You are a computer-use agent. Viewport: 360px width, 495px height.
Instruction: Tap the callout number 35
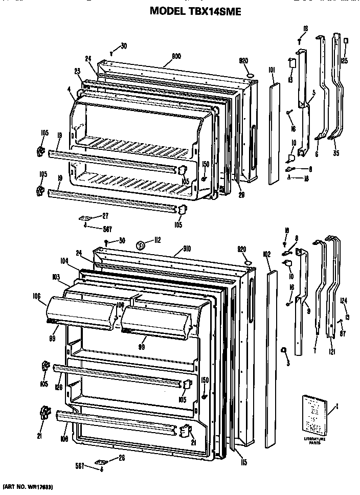[x=336, y=152]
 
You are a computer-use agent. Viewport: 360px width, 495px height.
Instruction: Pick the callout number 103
[x=57, y=276]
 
